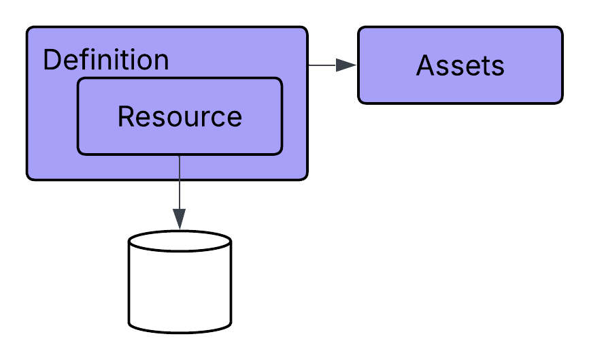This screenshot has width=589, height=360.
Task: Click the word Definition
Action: [105, 61]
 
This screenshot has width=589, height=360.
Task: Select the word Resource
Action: [180, 116]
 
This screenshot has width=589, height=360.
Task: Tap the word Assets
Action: [460, 66]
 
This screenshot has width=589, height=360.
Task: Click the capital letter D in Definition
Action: [51, 61]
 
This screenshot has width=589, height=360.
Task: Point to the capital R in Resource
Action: [125, 116]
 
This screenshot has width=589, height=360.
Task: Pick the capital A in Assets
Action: [424, 66]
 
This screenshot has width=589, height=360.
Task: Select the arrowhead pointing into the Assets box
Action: [347, 65]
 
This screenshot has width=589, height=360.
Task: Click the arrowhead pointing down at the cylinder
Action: [179, 218]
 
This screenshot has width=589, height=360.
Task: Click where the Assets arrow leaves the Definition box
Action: [309, 65]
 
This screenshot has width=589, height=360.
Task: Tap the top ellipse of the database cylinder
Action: [180, 242]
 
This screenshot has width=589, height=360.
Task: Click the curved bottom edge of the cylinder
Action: [180, 332]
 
